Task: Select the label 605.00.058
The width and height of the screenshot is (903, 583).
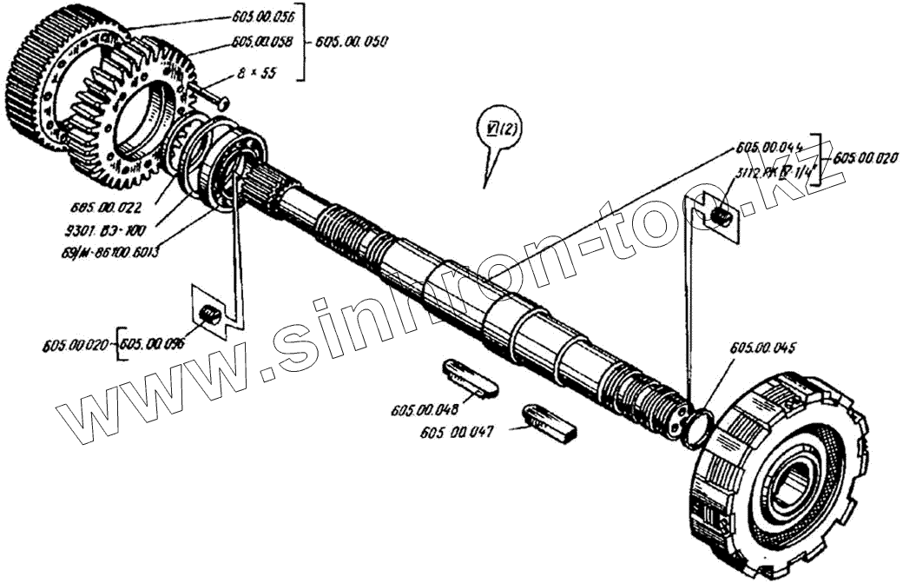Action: click(262, 42)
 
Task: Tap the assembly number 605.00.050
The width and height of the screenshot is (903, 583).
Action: click(353, 42)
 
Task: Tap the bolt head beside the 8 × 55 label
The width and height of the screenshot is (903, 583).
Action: click(222, 103)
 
